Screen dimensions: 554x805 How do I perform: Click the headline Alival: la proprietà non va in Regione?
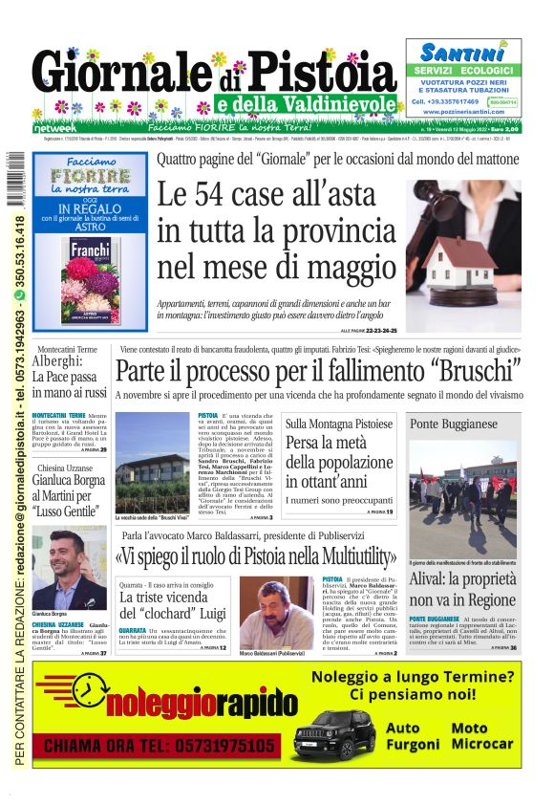point(463,589)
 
